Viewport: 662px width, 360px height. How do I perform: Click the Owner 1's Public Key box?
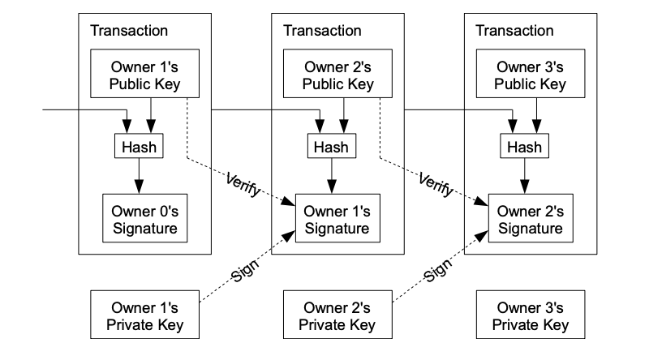point(138,75)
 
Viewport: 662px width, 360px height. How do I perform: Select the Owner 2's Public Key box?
point(330,75)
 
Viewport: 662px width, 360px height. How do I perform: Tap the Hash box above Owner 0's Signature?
point(138,147)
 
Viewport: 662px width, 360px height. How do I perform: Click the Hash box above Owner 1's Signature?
point(330,147)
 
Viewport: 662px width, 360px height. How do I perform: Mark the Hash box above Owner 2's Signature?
point(523,147)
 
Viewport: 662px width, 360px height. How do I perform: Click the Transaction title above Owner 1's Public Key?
point(129,31)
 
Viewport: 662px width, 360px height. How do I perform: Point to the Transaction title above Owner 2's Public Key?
point(322,31)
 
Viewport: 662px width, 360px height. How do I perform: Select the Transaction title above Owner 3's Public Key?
point(514,31)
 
